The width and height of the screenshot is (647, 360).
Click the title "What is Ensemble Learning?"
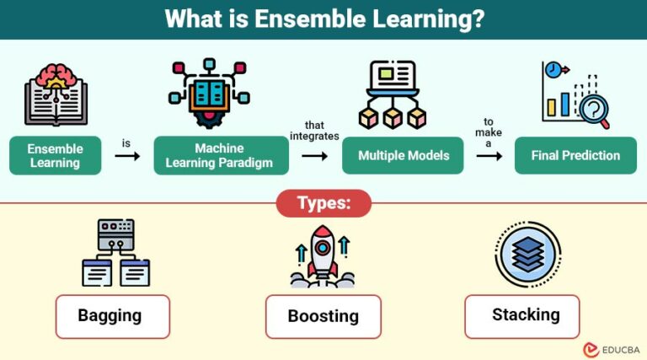323,19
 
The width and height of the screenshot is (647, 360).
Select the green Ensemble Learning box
56,155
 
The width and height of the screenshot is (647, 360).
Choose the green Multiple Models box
403,155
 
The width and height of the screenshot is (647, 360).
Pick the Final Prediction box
575,155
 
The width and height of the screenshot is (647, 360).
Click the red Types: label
323,203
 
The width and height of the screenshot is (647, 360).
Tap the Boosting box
323,317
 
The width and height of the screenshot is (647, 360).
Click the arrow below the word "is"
126,156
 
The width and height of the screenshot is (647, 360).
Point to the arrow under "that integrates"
314,156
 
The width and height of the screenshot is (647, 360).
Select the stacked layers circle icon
528,254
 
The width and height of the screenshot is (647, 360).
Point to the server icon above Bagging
115,233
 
